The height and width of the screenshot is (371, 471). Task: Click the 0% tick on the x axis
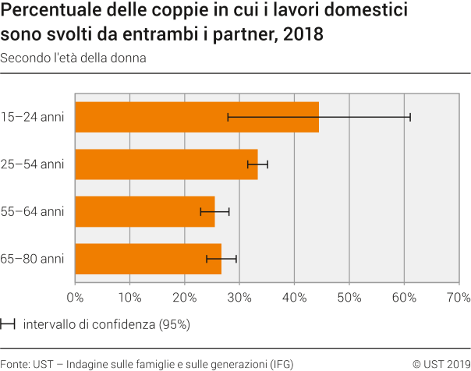coord(75,297)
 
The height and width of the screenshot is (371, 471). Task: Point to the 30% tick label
coord(239,297)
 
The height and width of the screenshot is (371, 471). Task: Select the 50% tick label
coord(349,297)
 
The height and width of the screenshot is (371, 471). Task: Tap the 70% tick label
coord(458,297)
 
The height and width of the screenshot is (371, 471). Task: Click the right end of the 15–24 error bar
coord(410,117)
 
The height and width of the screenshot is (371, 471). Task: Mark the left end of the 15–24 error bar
coord(228,117)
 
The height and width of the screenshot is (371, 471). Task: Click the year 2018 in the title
coord(306,35)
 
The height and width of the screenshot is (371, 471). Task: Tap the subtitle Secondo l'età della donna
coord(73,58)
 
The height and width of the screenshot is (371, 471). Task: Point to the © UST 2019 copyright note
coord(441,363)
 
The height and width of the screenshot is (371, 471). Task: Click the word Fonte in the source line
coord(16,363)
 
